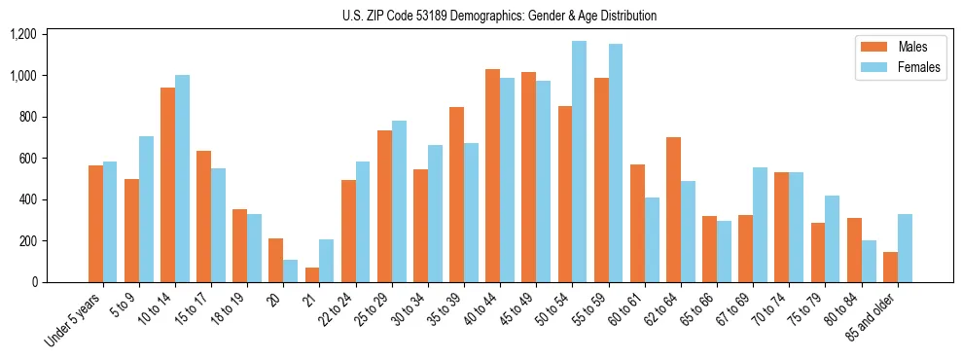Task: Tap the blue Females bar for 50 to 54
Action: [579, 162]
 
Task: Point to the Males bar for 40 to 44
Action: [492, 175]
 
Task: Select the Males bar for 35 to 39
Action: [456, 195]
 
